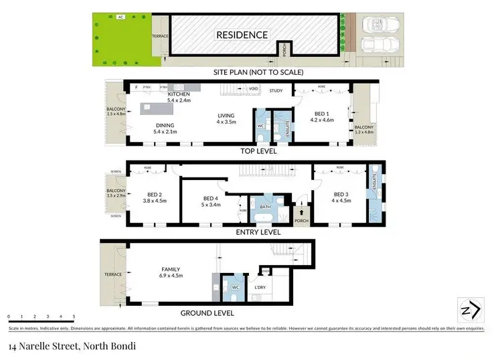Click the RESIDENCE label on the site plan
[x=241, y=35]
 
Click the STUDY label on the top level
[x=276, y=90]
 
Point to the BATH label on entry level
[x=265, y=207]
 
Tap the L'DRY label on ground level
[x=260, y=288]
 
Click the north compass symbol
[x=469, y=310]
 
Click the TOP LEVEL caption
[x=259, y=151]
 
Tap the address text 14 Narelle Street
[x=47, y=346]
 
